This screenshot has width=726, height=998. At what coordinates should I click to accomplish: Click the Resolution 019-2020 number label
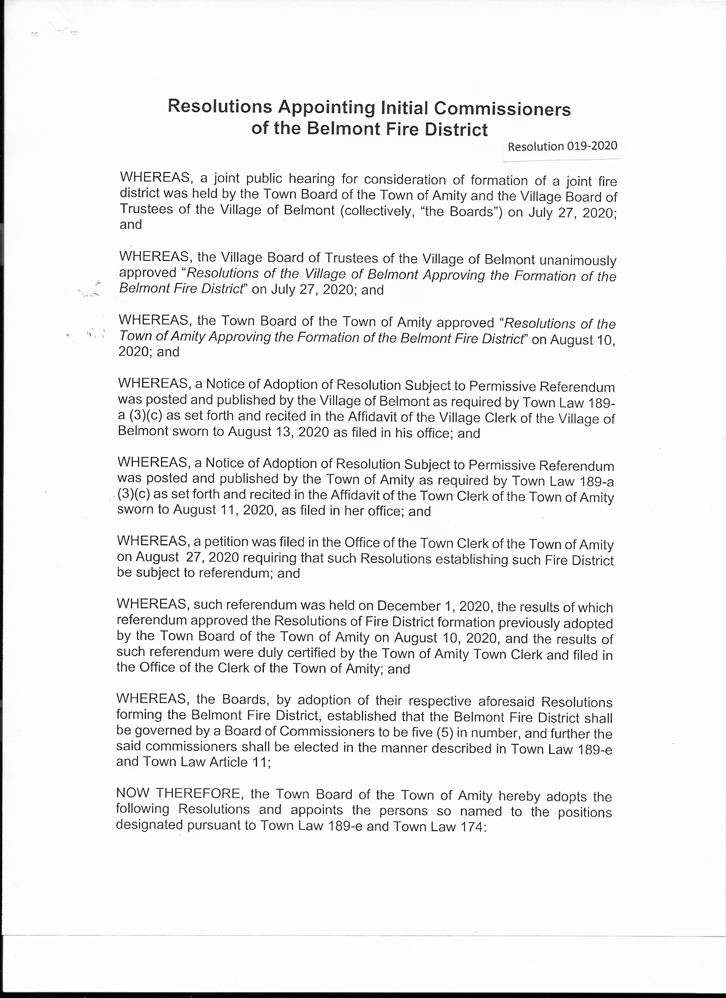562,146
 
